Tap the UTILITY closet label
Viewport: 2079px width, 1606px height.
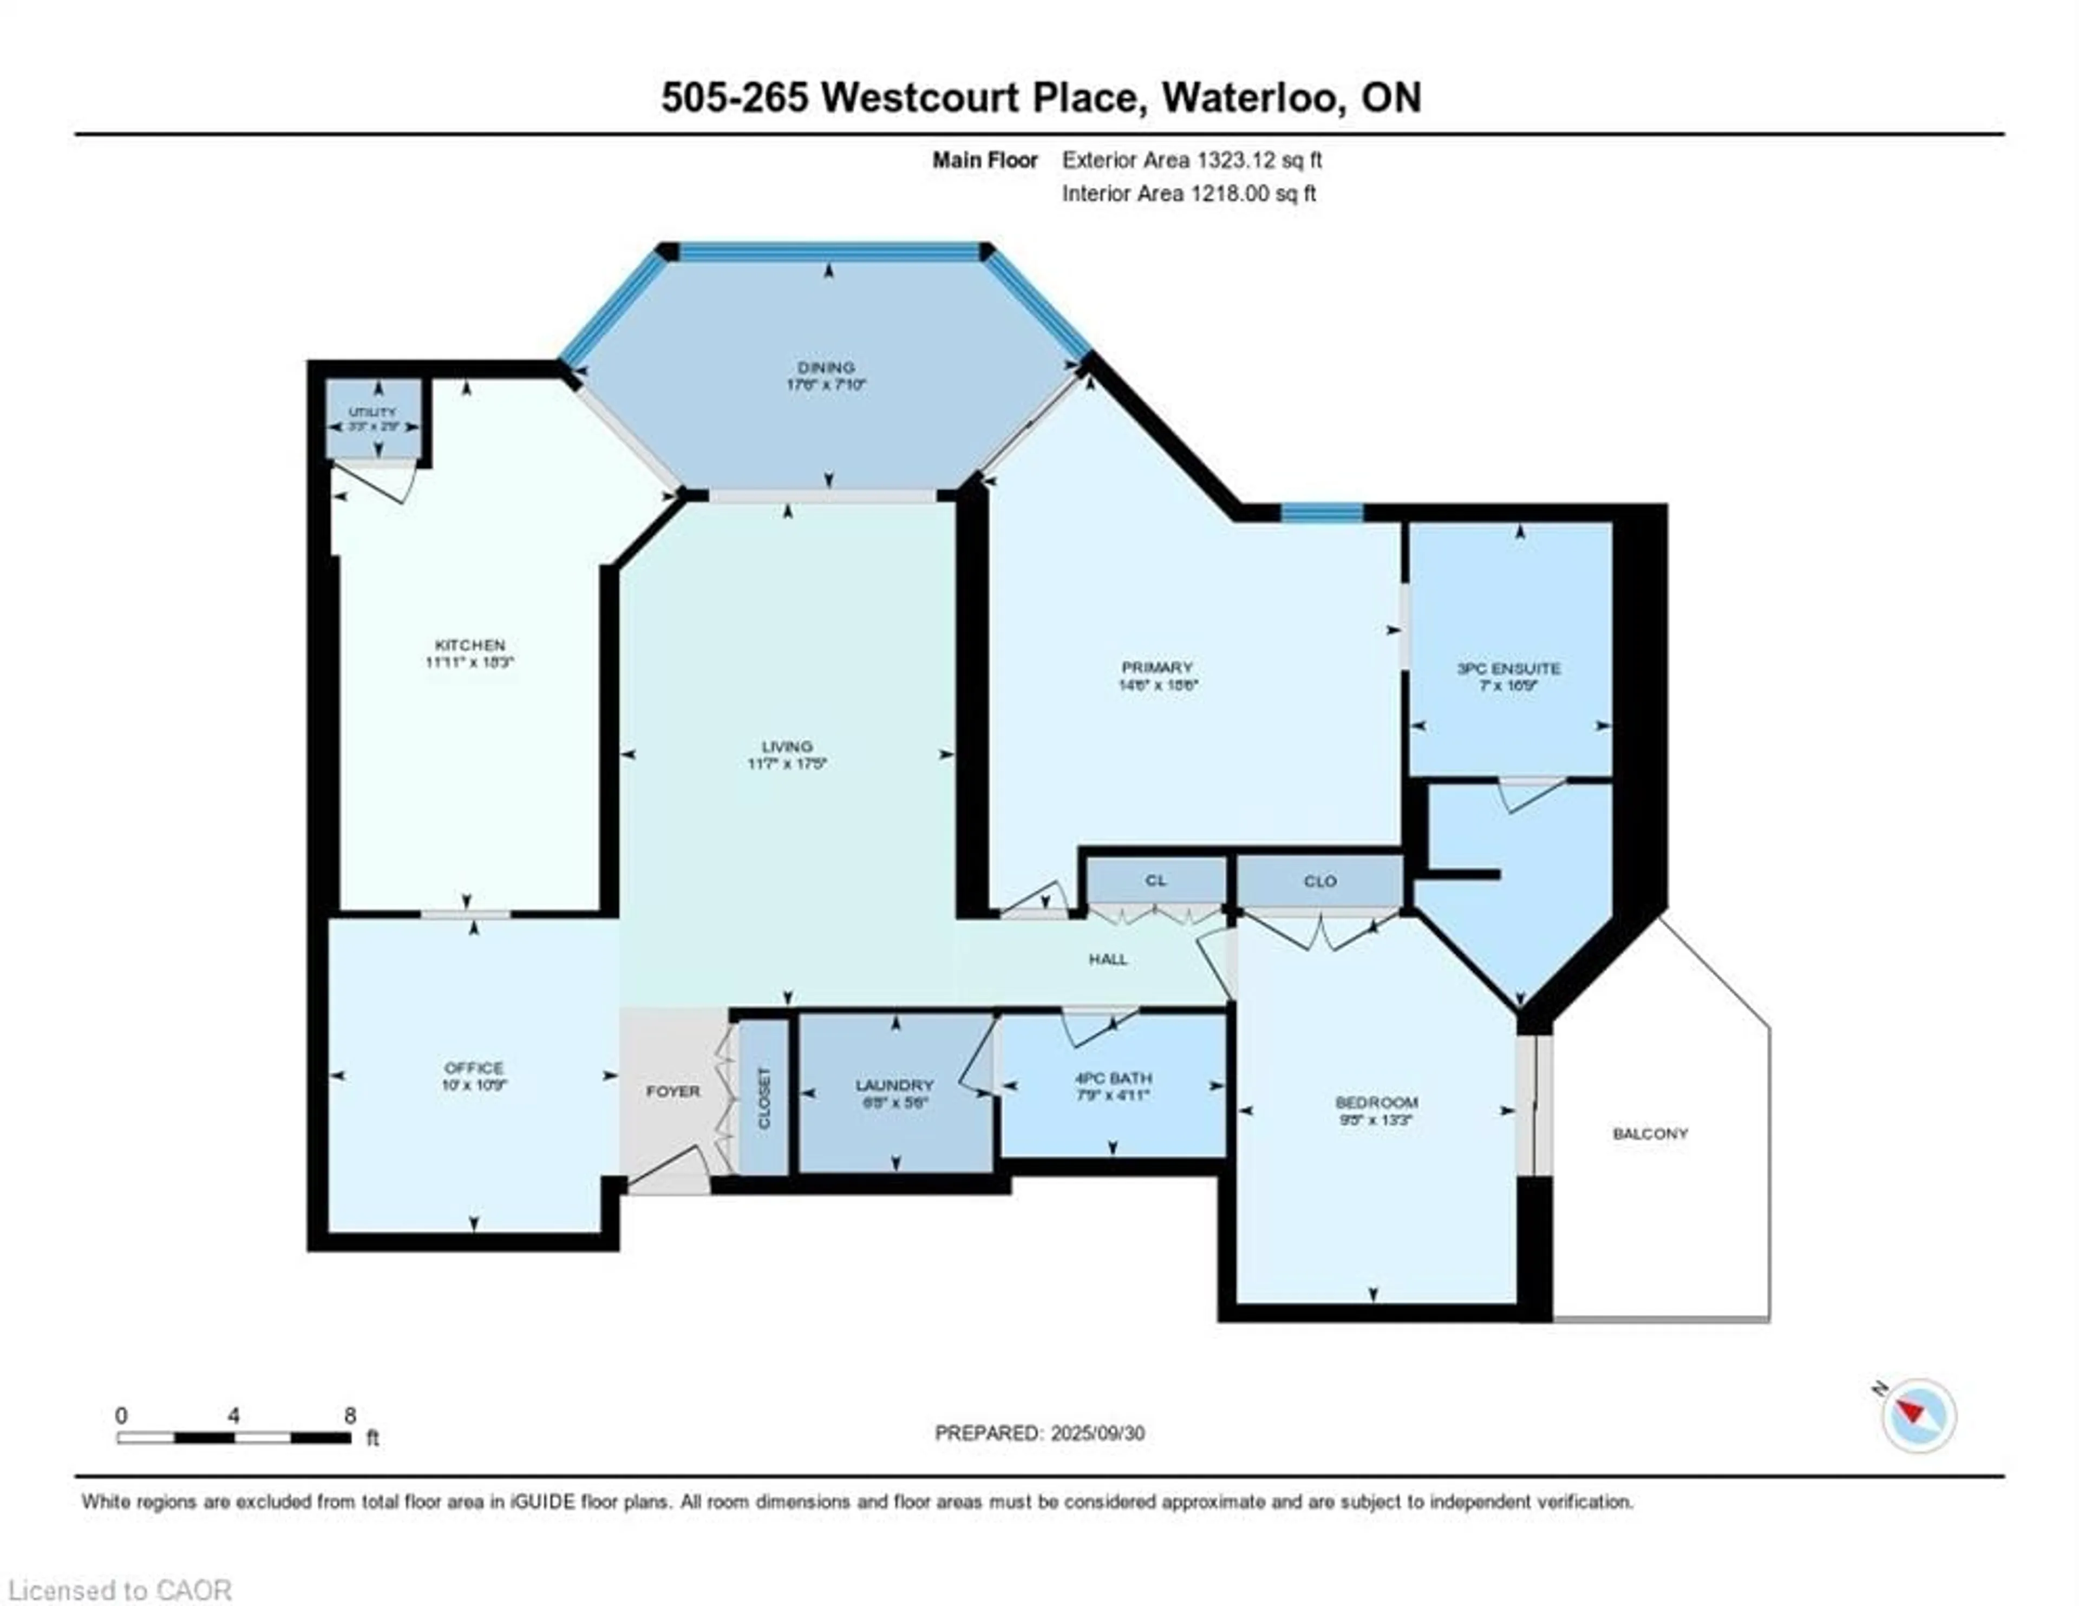pyautogui.click(x=372, y=412)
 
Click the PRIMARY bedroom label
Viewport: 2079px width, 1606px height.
pyautogui.click(x=1156, y=667)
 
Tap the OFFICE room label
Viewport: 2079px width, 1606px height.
pyautogui.click(x=473, y=1067)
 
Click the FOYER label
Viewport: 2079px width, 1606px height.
pyautogui.click(x=673, y=1091)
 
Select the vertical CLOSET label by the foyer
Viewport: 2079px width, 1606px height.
pyautogui.click(x=763, y=1098)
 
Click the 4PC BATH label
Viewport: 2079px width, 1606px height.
pyautogui.click(x=1113, y=1078)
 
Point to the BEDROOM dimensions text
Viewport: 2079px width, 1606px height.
pyautogui.click(x=1376, y=1119)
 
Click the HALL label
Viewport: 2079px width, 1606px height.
pyautogui.click(x=1108, y=959)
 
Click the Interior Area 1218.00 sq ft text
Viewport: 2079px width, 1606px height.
pyautogui.click(x=1189, y=193)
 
